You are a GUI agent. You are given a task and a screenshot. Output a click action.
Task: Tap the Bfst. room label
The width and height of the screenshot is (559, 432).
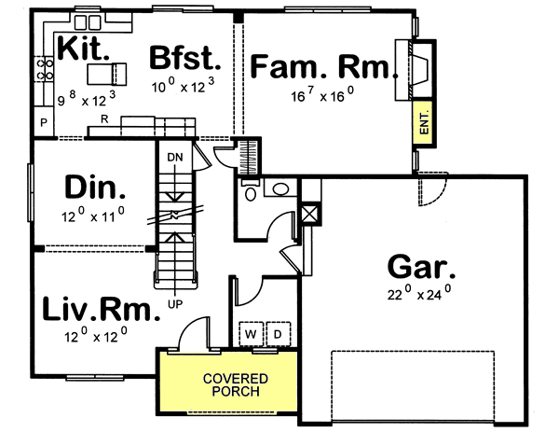click(185, 60)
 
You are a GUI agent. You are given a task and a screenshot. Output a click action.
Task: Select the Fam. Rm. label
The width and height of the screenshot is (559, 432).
click(321, 66)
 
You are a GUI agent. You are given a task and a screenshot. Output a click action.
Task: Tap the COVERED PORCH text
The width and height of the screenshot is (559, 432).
click(236, 384)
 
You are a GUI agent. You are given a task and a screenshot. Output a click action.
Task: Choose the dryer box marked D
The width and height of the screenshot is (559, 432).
click(278, 333)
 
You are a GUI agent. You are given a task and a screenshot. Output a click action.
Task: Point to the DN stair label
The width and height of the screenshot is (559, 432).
click(174, 158)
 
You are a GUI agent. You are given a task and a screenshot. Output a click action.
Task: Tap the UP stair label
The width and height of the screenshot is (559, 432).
click(173, 303)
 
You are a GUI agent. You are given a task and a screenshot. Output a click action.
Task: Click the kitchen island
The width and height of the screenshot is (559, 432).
click(105, 72)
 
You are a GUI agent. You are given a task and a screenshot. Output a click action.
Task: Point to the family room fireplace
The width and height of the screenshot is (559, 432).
click(412, 68)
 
